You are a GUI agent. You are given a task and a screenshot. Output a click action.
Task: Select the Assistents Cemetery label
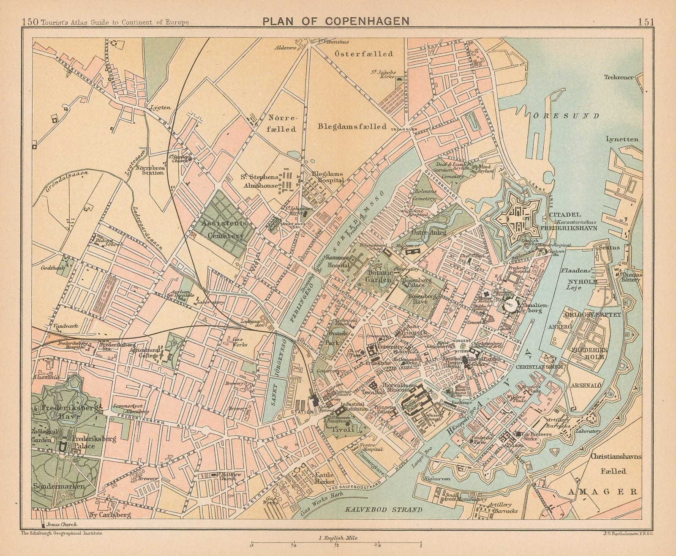pyautogui.click(x=223, y=229)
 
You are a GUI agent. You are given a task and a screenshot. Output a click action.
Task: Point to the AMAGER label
pyautogui.click(x=602, y=491)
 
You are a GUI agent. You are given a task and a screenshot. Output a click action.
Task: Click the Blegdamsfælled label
pyautogui.click(x=353, y=126)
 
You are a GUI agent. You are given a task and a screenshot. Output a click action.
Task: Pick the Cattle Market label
pyautogui.click(x=325, y=478)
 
